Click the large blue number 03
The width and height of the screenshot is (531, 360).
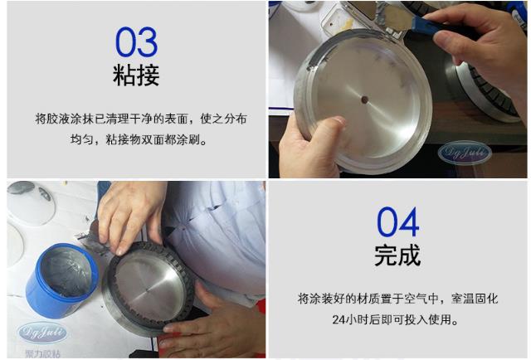[136, 41]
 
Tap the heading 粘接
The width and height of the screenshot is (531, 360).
[136, 76]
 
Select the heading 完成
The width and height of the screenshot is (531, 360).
[397, 255]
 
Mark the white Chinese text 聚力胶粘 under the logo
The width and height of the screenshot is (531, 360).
[43, 351]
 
